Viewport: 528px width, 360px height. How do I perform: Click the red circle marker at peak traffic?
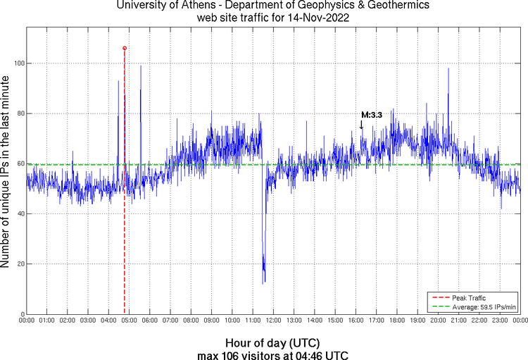click(125, 48)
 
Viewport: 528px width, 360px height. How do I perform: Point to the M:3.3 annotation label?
click(371, 115)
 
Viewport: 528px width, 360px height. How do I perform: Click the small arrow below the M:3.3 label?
click(362, 125)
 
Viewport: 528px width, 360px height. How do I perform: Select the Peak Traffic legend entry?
click(468, 298)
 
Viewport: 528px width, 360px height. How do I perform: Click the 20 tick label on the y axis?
click(20, 264)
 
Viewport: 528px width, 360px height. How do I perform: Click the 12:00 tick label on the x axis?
click(273, 321)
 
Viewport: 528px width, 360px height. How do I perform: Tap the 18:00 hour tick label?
click(397, 321)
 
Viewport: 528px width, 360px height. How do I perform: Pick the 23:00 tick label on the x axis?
click(500, 321)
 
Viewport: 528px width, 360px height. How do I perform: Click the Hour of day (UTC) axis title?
click(273, 342)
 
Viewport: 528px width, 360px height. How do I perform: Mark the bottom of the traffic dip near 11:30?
click(264, 283)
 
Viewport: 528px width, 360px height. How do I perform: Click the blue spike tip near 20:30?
click(448, 68)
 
